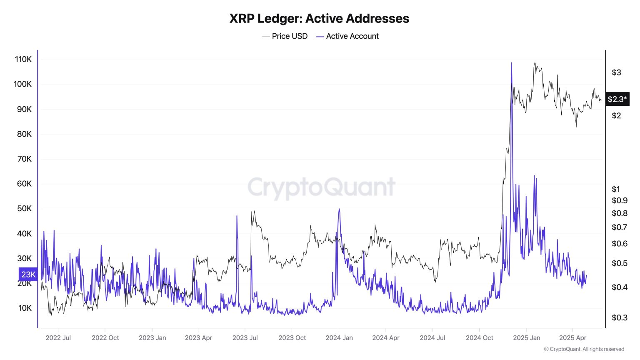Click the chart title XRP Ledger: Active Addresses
(319, 18)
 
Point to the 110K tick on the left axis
(23, 59)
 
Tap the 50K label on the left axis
(24, 209)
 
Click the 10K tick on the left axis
(25, 308)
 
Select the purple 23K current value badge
(28, 275)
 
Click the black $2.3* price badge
(617, 99)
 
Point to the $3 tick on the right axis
(616, 72)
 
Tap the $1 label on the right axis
(615, 189)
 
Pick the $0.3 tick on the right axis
(619, 318)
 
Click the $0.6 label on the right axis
(619, 244)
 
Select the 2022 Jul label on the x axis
(58, 338)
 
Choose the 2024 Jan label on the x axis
(339, 338)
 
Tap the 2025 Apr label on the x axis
(572, 338)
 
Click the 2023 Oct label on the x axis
(292, 338)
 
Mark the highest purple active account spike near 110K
(511, 63)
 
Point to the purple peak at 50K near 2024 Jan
(339, 210)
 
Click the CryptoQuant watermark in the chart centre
(321, 187)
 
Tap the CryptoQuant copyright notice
(584, 349)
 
